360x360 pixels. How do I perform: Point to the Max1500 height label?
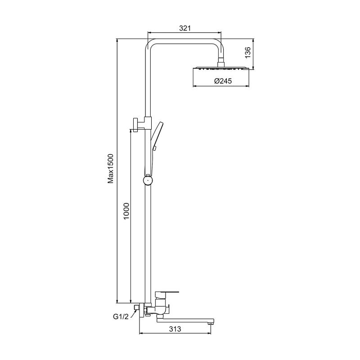click(111, 168)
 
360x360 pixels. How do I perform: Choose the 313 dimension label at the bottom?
click(175, 329)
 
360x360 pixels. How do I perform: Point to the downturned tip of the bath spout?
click(210, 323)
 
